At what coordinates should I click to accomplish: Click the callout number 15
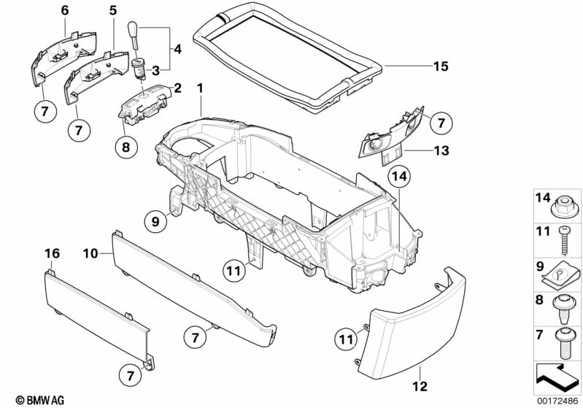point(439,66)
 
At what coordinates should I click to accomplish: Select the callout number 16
point(50,253)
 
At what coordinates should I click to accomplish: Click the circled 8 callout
point(125,147)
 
